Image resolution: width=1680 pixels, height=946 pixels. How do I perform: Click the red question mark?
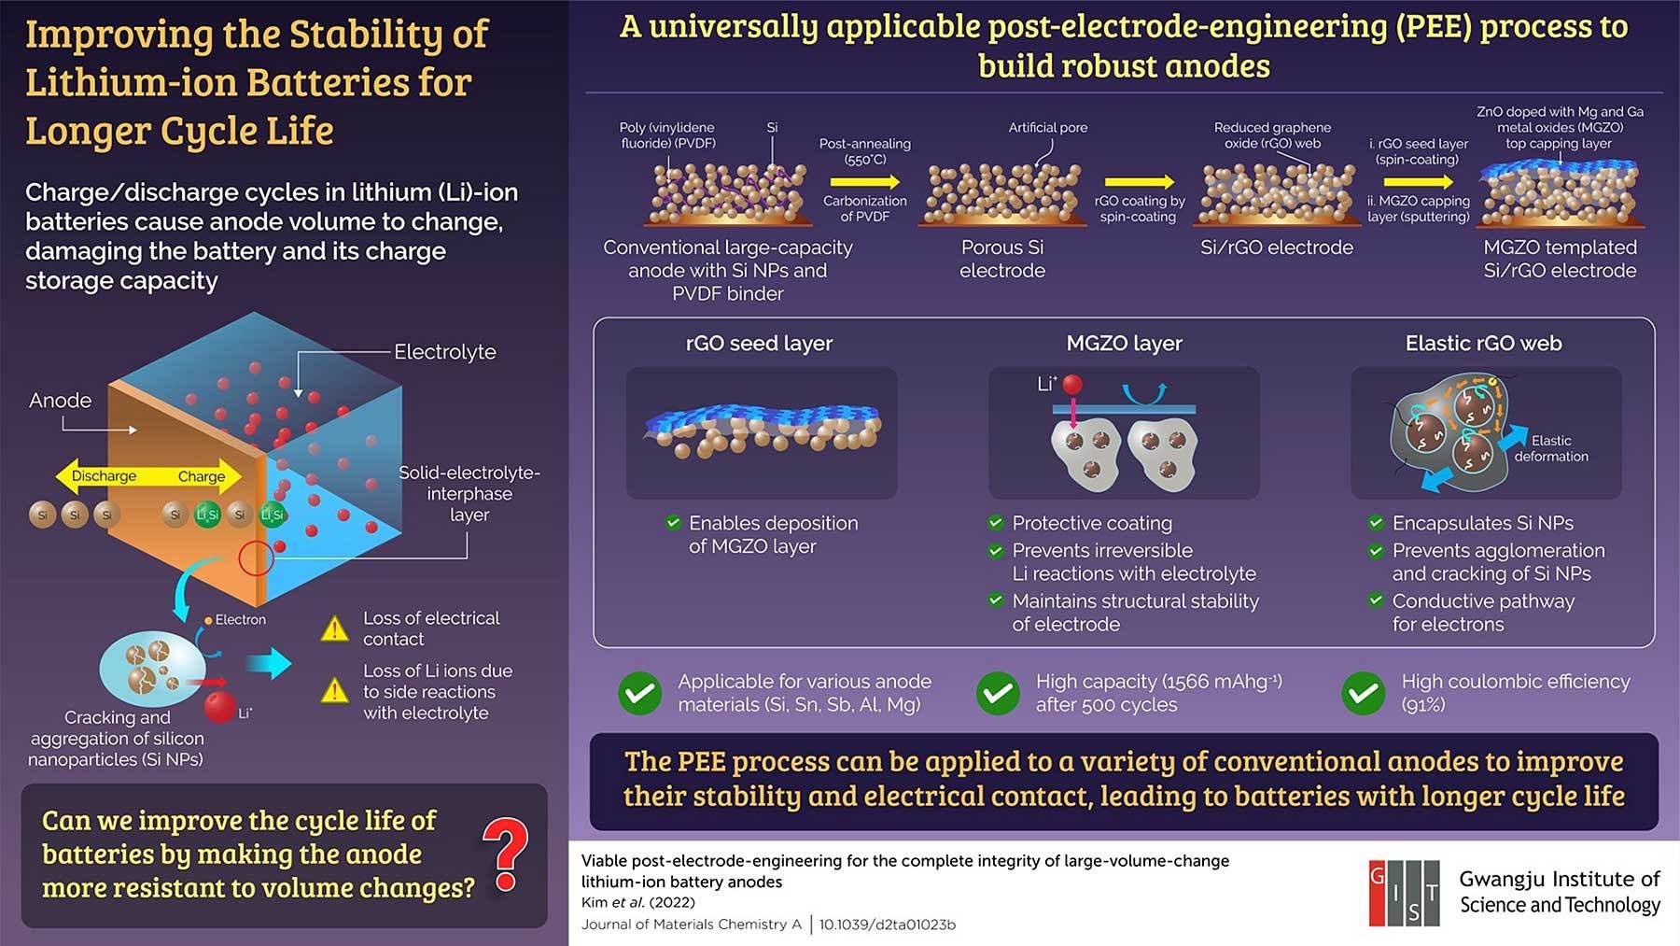click(506, 854)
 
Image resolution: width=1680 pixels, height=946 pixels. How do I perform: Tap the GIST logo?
click(1404, 893)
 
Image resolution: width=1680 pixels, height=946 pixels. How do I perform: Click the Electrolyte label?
click(445, 352)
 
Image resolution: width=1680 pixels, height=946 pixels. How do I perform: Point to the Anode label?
click(60, 401)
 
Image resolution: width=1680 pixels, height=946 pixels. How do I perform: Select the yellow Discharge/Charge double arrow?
click(148, 476)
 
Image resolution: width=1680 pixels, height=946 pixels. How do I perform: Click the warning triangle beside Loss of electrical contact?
click(334, 628)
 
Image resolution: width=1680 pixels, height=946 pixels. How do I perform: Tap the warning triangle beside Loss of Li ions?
click(334, 690)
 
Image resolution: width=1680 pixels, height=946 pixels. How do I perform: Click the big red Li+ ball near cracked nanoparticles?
click(220, 706)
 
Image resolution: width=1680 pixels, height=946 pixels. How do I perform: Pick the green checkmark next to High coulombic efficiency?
click(1364, 693)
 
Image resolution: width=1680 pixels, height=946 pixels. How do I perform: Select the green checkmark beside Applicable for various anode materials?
click(640, 693)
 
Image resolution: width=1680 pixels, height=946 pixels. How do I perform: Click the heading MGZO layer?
click(1124, 344)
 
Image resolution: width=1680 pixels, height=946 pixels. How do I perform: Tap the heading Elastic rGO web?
click(1484, 344)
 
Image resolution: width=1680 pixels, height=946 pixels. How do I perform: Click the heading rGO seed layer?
click(759, 344)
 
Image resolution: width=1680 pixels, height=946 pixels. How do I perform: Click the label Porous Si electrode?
click(1002, 259)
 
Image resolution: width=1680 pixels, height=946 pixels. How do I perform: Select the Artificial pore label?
click(1047, 127)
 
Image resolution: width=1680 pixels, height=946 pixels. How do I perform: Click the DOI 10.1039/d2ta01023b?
click(888, 925)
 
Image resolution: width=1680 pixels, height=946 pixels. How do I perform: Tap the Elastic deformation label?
click(1551, 448)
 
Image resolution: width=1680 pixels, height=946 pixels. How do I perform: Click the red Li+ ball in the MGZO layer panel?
click(1072, 384)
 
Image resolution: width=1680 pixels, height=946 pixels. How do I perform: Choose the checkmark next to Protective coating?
click(996, 523)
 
